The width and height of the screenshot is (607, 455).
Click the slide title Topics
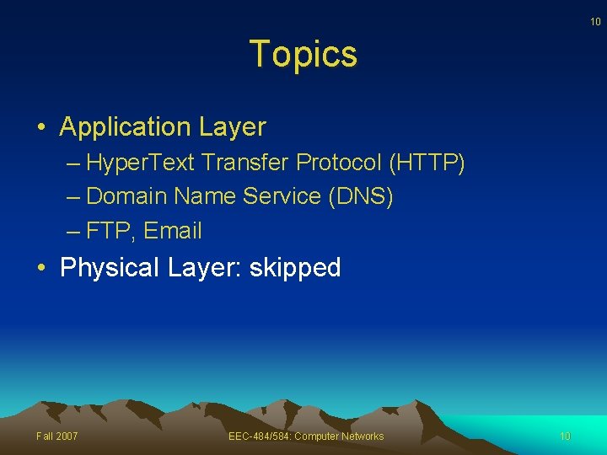303,54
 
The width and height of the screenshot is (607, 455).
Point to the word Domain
126,196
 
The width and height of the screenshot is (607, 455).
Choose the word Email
174,230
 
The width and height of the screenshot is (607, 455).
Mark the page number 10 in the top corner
595,21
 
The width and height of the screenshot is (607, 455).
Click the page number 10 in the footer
565,436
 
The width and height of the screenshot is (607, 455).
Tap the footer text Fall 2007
57,436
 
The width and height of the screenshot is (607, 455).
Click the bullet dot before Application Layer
41,128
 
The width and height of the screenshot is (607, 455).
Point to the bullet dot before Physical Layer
41,269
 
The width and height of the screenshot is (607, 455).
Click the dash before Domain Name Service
73,196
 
